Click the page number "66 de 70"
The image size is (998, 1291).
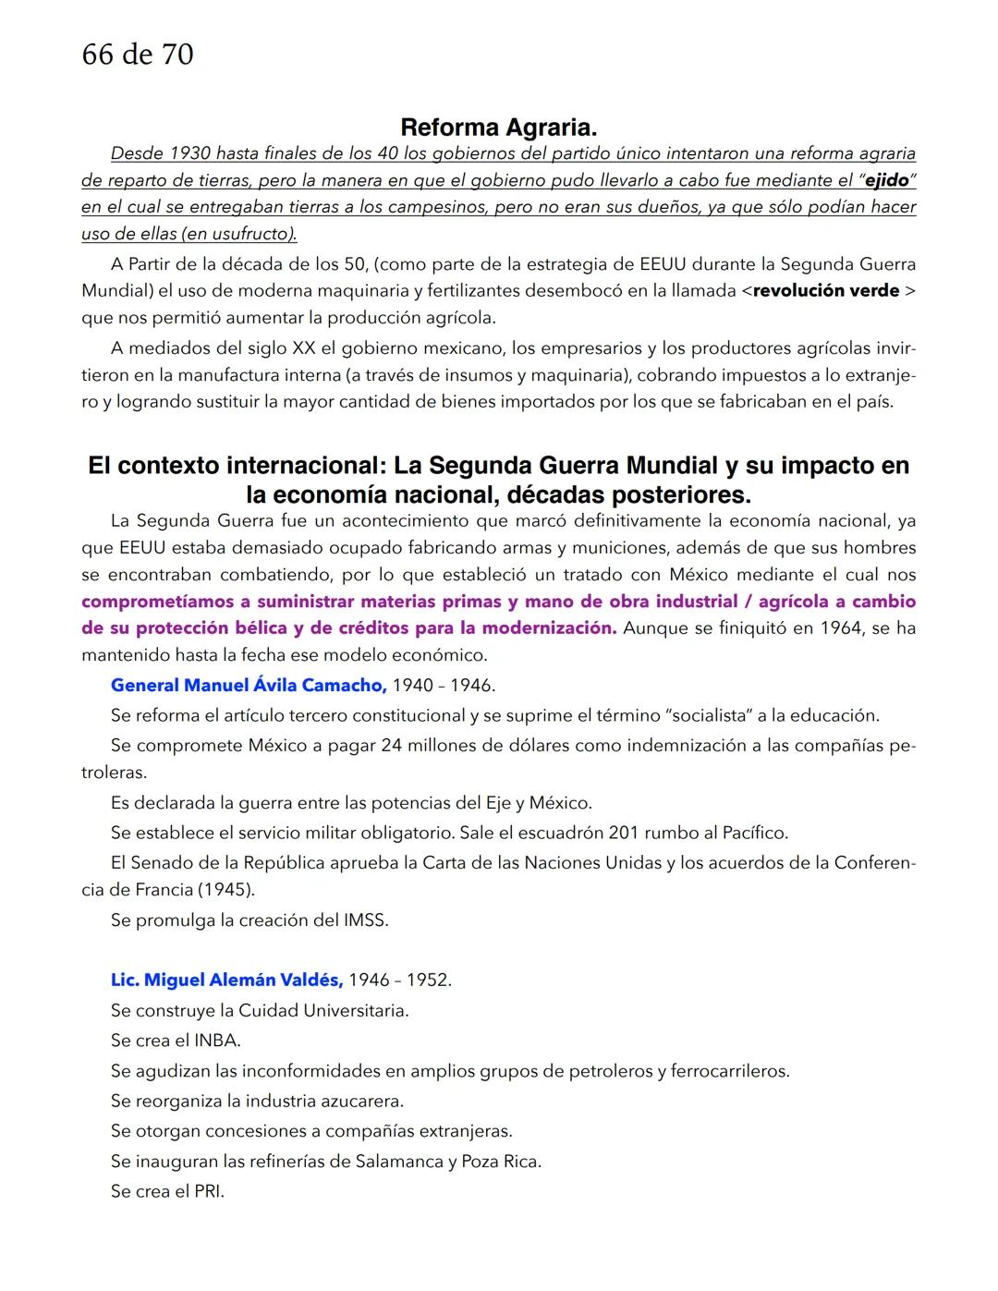(x=138, y=55)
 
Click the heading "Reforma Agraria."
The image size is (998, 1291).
(x=498, y=128)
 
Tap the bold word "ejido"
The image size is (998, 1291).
(x=886, y=180)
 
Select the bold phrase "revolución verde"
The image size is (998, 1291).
(x=826, y=290)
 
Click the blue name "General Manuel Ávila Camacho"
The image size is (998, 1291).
(x=248, y=685)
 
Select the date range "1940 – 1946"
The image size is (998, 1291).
(x=444, y=686)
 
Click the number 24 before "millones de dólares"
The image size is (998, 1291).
(x=391, y=745)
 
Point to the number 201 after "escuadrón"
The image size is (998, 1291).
(x=624, y=833)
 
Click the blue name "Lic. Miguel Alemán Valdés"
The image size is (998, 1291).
(x=226, y=980)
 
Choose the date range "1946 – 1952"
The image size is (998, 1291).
(x=400, y=980)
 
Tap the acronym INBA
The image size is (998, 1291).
(x=217, y=1041)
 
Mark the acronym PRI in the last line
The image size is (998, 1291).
(x=208, y=1191)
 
